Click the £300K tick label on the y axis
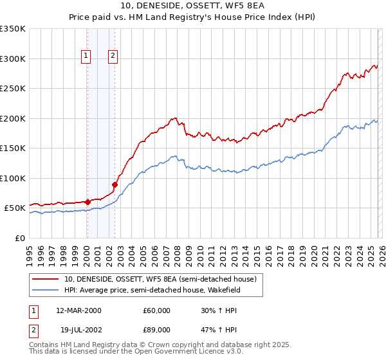[13, 59]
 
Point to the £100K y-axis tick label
[13, 178]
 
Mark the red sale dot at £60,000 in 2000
[87, 202]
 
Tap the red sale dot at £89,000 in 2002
[115, 184]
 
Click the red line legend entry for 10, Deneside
[160, 279]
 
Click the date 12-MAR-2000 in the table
[78, 310]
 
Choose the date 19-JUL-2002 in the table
[78, 330]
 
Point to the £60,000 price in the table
[157, 310]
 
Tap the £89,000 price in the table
[157, 330]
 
